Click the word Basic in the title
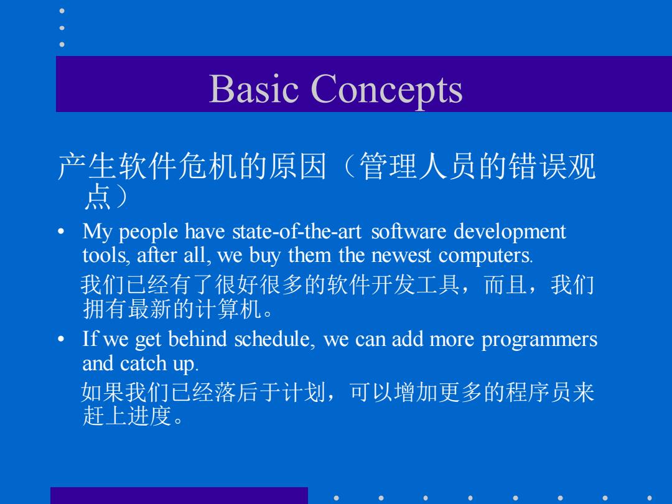[x=253, y=88]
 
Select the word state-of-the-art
[x=297, y=231]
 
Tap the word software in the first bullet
[x=408, y=231]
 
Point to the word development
[x=510, y=232]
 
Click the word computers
[x=485, y=256]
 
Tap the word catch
[x=143, y=363]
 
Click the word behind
[x=197, y=339]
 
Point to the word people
[x=148, y=233]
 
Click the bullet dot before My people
[x=61, y=232]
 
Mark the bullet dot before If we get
[x=61, y=340]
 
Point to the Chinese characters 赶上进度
[x=128, y=416]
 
